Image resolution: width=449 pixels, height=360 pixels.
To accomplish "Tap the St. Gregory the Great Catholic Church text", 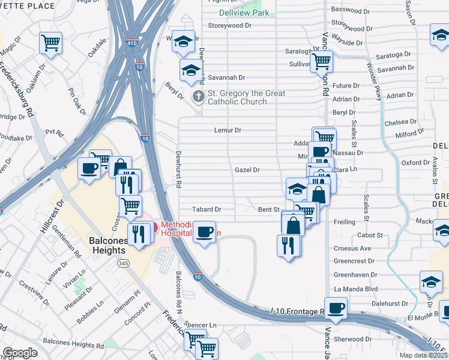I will [246, 97].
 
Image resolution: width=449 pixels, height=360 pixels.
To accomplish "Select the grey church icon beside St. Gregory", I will [198, 97].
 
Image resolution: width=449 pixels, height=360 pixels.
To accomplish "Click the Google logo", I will [20, 353].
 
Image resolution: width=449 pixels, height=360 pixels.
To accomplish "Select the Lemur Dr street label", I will [228, 130].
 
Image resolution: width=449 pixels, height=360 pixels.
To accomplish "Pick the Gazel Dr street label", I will [247, 170].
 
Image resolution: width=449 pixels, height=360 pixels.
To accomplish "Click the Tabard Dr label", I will [206, 210].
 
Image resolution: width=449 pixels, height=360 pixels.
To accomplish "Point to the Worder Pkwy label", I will [374, 85].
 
